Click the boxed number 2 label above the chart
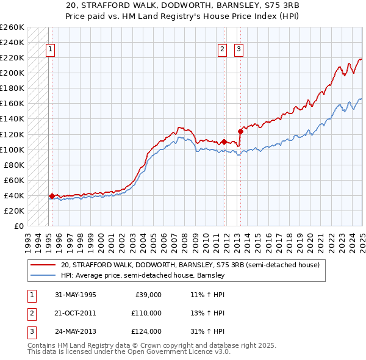[x=223, y=50]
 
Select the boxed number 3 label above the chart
[x=239, y=50]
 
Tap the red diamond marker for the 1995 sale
[x=52, y=196]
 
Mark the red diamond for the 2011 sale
[x=224, y=142]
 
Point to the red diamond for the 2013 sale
[x=240, y=131]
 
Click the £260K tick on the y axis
[x=12, y=27]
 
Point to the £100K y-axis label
[x=12, y=149]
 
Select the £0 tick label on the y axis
[x=18, y=226]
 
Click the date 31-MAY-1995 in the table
[x=76, y=294]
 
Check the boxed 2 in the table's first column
[x=32, y=313]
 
